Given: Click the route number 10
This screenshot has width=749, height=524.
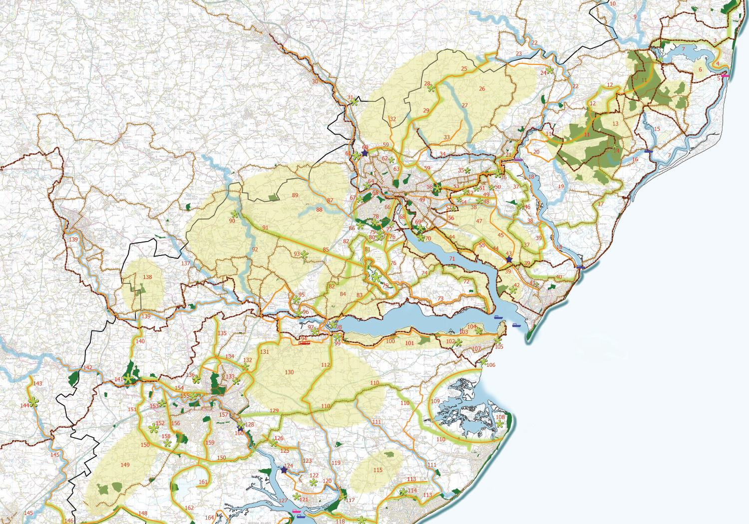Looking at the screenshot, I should pos(613,4).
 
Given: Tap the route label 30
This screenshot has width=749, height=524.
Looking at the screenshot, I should pos(315,81).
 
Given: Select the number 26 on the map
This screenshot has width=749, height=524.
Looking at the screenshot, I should pos(482,89).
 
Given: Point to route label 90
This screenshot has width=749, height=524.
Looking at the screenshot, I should pos(232,221).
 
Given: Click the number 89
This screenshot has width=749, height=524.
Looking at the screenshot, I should pos(295,195).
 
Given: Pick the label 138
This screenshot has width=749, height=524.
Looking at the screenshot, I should pos(147,277).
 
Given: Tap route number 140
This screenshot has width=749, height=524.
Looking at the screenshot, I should pos(140,341).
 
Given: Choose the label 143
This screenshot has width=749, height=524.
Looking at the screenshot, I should pos(38,384).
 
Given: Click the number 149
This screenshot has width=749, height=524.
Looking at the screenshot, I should pos(125,465).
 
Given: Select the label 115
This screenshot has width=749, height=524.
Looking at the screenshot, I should pos(378,470).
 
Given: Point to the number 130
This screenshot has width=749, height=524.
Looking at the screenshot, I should pos(289,372).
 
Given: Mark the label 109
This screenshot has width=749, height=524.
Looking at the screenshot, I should pos(435,401).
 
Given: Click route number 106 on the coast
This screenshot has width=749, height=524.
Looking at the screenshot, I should pos(491,365).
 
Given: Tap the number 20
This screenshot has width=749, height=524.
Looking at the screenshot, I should pos(536,152).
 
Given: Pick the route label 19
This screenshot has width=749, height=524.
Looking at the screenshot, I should pos(561,186).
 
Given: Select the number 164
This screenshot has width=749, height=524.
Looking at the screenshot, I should pos(209,518).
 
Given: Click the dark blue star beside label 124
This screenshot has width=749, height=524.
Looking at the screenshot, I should pos(284,470).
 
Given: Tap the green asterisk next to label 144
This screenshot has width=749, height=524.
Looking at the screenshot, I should pos(33,402).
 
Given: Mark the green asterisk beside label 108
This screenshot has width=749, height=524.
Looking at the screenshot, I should pos(500,424).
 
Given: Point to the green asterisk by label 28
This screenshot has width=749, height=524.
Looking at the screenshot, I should pos(431,88).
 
